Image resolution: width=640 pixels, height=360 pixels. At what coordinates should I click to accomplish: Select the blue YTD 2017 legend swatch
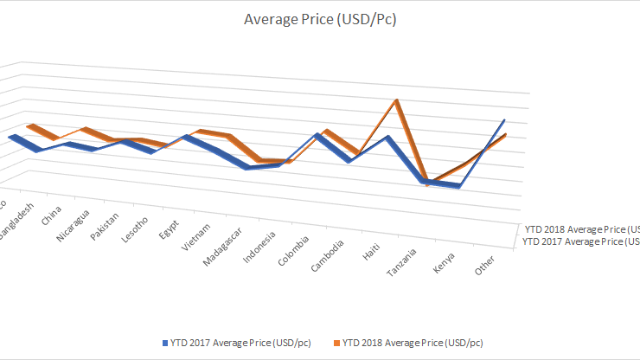164,342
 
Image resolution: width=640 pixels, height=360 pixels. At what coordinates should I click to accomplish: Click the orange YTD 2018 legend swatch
335,342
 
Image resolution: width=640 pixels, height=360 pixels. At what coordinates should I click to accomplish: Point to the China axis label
51,215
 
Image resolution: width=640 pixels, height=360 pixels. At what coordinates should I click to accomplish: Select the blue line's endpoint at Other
503,120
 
